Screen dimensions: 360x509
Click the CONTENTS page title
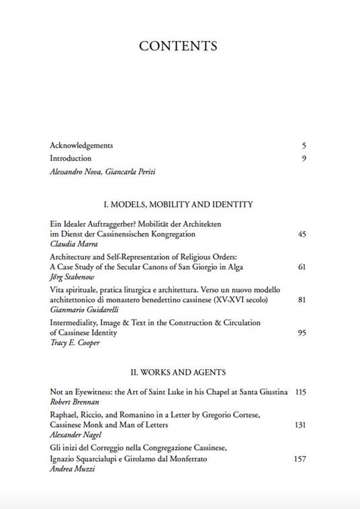[178, 46]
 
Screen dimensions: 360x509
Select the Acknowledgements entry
[81, 146]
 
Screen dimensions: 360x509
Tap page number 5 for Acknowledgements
[304, 146]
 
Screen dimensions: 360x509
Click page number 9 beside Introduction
[304, 158]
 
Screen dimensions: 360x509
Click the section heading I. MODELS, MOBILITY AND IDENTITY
[178, 204]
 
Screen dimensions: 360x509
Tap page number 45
[302, 234]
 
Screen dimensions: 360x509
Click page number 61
[302, 267]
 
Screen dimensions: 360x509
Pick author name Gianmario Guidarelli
[84, 310]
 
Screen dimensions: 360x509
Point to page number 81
[302, 299]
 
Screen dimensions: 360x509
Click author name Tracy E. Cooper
[75, 343]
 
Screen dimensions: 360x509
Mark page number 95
[302, 332]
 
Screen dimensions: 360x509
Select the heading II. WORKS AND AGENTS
[178, 372]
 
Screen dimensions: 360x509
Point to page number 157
[300, 459]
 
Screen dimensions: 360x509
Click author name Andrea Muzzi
[69, 469]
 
